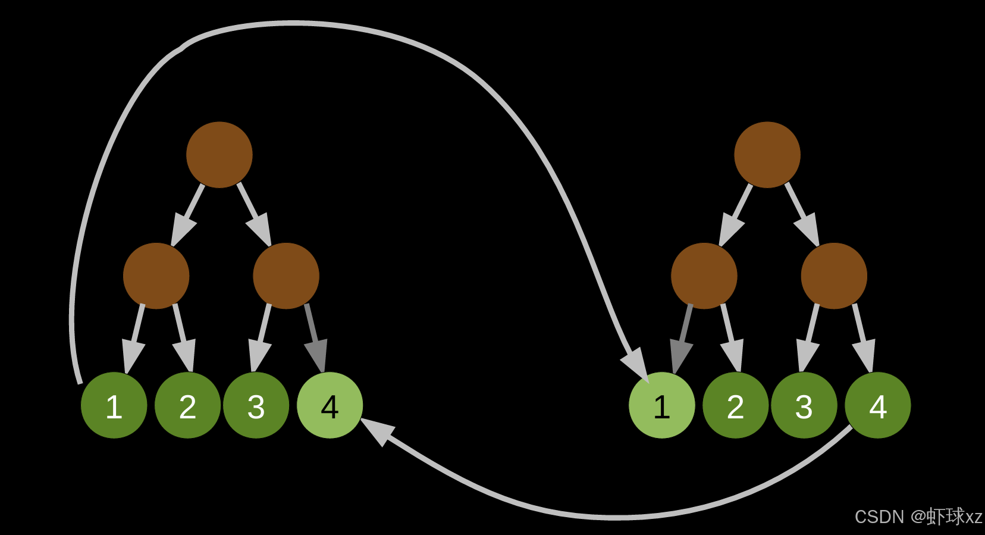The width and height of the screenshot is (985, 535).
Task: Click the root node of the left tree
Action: point(219,155)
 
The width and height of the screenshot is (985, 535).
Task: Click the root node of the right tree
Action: point(767,155)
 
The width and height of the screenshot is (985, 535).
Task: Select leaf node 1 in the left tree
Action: point(114,405)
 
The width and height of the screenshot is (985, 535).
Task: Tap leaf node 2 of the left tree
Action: point(187,405)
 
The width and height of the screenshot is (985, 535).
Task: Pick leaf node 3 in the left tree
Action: point(256,405)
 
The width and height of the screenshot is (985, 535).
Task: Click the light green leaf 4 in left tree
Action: point(330,405)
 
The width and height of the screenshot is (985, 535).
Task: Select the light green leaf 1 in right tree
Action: point(661,405)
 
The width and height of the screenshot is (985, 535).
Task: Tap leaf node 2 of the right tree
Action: point(735,405)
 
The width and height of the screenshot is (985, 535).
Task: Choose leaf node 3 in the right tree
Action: point(804,405)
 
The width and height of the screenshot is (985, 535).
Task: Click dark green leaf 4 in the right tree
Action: point(877,405)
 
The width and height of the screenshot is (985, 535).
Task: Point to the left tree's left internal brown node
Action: point(156,276)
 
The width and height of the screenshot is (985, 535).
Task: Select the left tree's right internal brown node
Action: point(286,276)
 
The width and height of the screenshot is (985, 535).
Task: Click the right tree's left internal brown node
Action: point(704,276)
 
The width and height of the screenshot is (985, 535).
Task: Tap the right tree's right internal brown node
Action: point(834,276)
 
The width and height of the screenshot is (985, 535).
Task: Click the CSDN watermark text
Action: point(918,517)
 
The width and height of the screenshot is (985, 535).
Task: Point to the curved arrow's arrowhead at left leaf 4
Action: point(377,430)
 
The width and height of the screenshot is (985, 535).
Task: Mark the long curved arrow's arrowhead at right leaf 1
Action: point(637,363)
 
